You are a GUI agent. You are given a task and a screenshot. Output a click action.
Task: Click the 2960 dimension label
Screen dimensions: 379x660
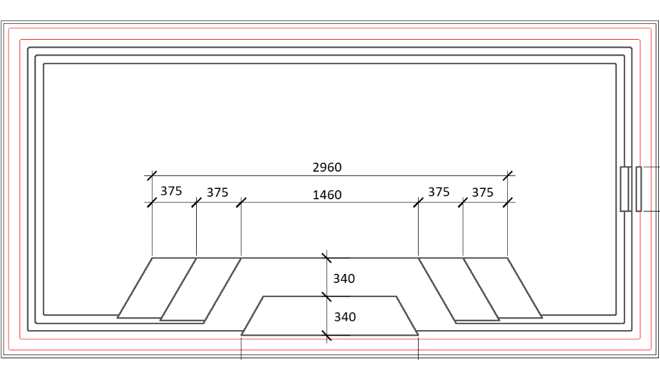click(327, 167)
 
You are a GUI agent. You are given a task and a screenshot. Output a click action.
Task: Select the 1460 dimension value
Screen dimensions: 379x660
click(327, 195)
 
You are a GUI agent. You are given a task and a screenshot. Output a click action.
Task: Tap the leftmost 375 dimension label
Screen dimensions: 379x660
click(171, 191)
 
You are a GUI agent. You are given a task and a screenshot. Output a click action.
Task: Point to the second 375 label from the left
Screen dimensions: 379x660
click(217, 193)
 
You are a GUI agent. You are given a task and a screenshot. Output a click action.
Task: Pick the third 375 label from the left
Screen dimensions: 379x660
click(438, 192)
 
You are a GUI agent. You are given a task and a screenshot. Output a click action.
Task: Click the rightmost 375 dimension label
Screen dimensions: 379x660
click(482, 193)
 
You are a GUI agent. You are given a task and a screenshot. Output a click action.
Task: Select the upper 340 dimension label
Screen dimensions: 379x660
click(343, 279)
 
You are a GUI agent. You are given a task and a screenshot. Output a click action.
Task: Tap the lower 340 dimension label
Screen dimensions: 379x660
click(344, 317)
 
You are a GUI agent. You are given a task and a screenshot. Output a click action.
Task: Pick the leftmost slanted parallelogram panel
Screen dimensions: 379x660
click(156, 288)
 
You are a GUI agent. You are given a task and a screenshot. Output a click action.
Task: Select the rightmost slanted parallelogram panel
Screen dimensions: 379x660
click(502, 288)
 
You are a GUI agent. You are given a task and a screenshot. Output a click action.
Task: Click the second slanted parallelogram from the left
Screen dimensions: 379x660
click(201, 289)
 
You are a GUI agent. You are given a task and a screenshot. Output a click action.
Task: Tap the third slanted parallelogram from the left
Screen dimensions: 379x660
click(458, 289)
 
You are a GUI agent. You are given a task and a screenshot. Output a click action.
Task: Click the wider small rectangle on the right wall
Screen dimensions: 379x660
click(626, 189)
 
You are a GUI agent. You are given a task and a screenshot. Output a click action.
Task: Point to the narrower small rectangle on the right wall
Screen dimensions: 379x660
click(639, 189)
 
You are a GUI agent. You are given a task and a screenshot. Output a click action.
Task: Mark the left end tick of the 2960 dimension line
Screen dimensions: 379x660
click(152, 175)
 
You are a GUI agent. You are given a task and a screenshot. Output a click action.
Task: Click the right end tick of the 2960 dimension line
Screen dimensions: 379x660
click(507, 175)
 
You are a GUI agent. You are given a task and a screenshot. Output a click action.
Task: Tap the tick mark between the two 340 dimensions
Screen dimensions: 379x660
click(326, 296)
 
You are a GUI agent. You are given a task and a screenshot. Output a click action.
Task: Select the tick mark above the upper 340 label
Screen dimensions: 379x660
click(326, 258)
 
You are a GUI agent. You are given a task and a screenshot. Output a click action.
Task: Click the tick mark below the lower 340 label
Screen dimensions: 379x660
click(326, 335)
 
